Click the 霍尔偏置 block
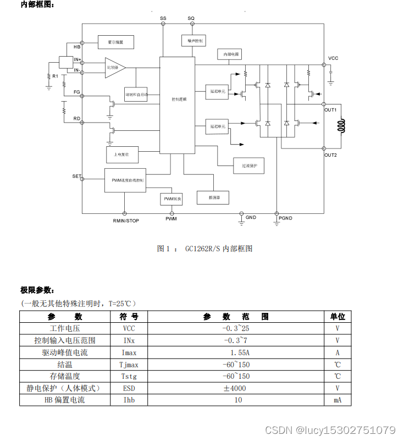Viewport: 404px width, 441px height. tap(115, 42)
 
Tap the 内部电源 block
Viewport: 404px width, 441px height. tap(229, 54)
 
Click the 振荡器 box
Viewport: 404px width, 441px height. tap(213, 197)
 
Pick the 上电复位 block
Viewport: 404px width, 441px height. tap(121, 155)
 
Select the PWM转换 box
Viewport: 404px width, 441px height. tap(173, 199)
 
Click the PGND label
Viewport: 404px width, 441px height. tap(286, 218)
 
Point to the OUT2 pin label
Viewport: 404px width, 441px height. tap(330, 155)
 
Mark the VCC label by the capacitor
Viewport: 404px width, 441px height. tap(333, 58)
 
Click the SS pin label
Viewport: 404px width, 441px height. tap(163, 18)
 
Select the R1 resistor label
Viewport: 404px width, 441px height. tap(55, 75)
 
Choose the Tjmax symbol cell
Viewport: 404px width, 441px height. tap(129, 365)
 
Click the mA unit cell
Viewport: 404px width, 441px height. tap(337, 400)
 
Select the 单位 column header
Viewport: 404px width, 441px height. tap(337, 317)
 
